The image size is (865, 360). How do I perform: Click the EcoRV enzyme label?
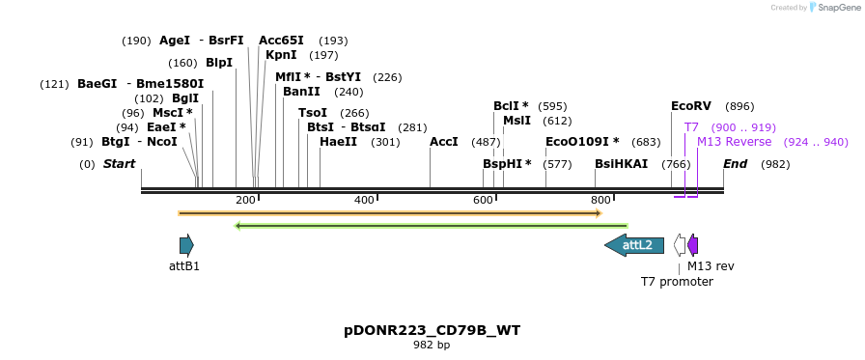690,106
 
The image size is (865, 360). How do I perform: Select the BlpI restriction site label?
219,63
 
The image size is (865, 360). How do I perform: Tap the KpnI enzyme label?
281,55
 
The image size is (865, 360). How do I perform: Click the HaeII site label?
338,142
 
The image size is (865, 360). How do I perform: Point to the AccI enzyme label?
443,142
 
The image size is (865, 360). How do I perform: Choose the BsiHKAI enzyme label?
621,164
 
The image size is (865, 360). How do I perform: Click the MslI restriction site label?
516,121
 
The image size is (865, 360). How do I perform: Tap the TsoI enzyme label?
313,113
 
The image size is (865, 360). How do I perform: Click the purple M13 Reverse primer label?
734,142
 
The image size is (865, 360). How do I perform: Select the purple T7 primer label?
691,127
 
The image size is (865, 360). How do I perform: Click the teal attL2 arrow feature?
634,245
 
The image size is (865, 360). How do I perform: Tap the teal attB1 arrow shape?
186,245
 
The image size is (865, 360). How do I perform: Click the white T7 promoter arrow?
680,245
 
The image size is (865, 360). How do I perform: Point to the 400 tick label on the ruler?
364,200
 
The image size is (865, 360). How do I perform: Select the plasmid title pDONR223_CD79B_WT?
432,330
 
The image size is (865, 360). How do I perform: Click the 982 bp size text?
432,345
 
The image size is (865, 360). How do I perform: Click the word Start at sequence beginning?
119,164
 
